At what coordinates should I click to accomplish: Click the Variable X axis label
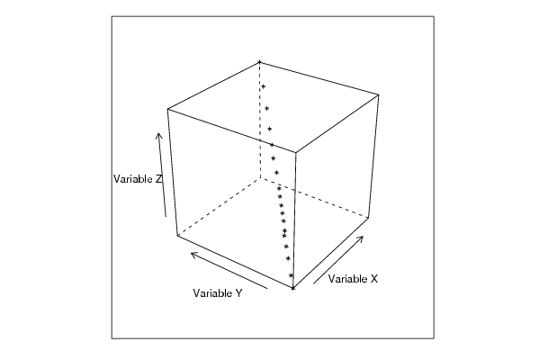click(353, 279)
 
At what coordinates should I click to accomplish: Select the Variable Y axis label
click(218, 293)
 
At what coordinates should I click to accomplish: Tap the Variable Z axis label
click(138, 179)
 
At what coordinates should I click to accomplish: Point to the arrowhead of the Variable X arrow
click(363, 237)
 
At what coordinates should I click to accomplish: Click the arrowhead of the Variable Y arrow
click(192, 254)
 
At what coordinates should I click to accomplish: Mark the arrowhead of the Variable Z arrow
click(158, 133)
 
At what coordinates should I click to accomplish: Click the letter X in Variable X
click(374, 279)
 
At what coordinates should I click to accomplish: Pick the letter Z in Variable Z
click(158, 179)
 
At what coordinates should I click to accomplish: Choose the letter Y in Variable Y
click(238, 293)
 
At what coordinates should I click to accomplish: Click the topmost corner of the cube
click(259, 62)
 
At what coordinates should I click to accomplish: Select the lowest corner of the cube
click(292, 288)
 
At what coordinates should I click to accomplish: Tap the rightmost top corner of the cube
click(379, 94)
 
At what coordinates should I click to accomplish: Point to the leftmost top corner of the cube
click(167, 109)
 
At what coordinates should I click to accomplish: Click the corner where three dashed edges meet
click(260, 178)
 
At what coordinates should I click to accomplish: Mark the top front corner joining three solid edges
click(296, 152)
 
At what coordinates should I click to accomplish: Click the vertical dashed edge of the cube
click(260, 121)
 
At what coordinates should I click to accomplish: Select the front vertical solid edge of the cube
click(294, 220)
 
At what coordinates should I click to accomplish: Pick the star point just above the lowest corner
click(291, 275)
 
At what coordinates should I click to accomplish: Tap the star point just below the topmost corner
click(264, 86)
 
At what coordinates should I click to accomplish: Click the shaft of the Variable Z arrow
click(162, 175)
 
